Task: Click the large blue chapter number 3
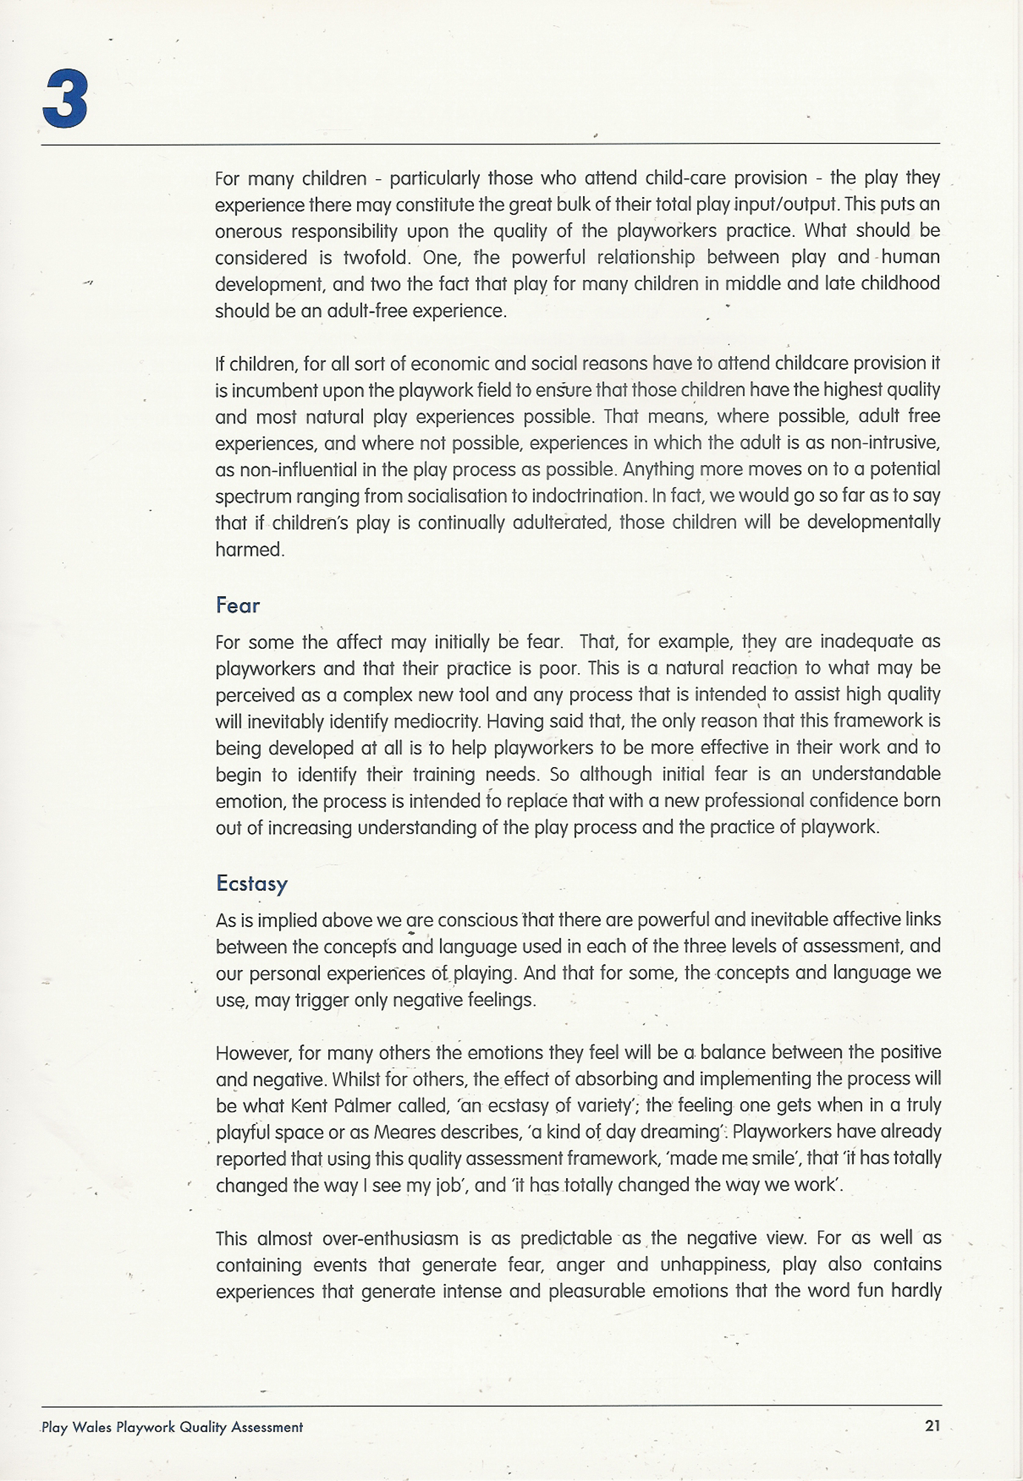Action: (x=65, y=100)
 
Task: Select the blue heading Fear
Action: (x=238, y=606)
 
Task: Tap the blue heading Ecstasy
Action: (x=251, y=884)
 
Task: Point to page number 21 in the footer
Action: (x=932, y=1425)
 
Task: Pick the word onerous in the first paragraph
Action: (x=248, y=231)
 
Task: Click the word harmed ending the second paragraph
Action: (x=250, y=549)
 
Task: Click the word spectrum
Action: (x=251, y=496)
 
